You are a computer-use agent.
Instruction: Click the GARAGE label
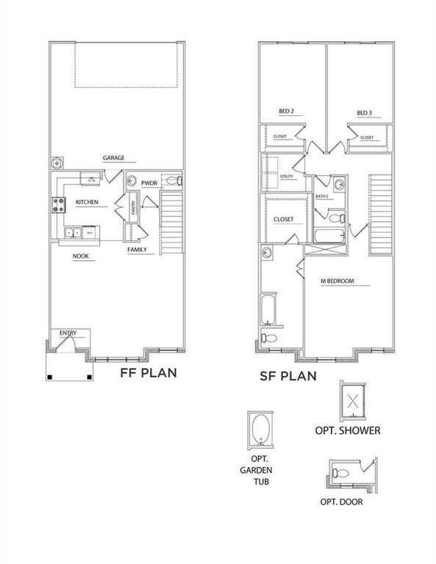coord(113,158)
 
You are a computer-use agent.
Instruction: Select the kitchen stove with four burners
coord(57,205)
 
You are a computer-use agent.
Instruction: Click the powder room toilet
coord(174,181)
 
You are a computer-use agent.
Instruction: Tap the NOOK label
coord(81,256)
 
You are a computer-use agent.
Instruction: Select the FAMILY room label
coord(137,250)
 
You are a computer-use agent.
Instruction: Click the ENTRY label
coord(68,333)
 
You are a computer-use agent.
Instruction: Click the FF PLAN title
coord(148,373)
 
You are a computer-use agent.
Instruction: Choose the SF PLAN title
coord(287,376)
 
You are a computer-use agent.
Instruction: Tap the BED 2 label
coord(286,112)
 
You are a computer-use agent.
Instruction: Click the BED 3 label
coord(365,112)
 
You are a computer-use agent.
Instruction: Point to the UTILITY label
coord(287,177)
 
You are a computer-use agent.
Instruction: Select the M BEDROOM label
coord(337,281)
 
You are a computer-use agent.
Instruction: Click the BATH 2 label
coord(322,197)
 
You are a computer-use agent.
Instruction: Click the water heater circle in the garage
coord(57,163)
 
